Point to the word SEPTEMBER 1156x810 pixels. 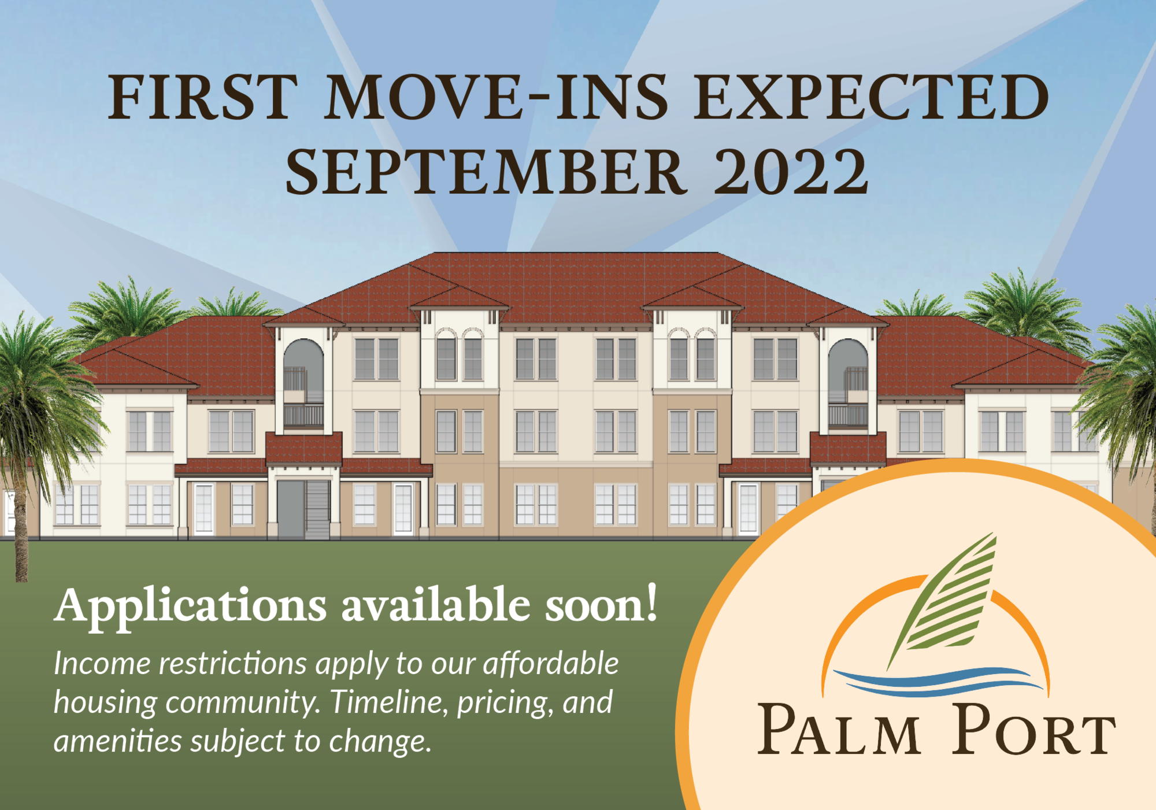pos(486,172)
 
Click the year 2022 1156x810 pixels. pos(791,172)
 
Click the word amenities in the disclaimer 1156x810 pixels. pos(118,741)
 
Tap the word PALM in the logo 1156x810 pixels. pos(839,730)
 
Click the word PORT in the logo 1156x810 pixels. pos(1034,730)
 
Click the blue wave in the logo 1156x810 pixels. pos(938,681)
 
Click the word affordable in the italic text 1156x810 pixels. pos(551,663)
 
